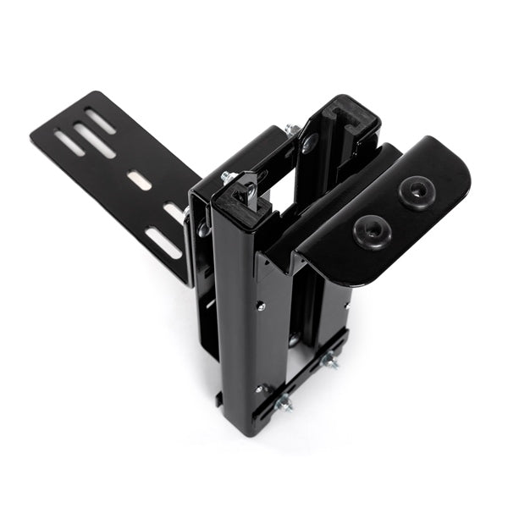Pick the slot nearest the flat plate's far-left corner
[69, 142]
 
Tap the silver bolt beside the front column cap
[228, 179]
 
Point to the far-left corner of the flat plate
[34, 133]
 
